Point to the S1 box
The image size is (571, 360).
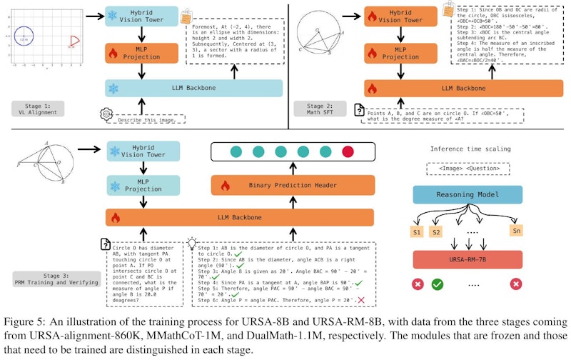[x=416, y=231]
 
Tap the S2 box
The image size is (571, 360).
[x=437, y=231]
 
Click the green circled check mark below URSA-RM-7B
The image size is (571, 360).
[x=438, y=284]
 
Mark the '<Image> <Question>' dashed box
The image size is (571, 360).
[x=466, y=169]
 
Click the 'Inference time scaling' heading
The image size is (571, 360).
[x=466, y=149]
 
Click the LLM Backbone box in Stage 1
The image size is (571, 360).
[x=193, y=88]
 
